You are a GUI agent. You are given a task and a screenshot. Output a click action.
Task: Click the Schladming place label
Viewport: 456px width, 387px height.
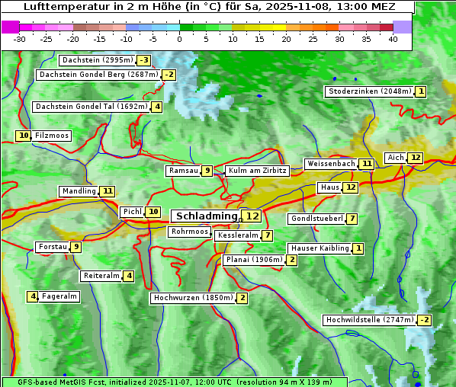207,216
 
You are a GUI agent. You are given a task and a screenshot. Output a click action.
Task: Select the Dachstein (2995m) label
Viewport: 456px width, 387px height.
97,60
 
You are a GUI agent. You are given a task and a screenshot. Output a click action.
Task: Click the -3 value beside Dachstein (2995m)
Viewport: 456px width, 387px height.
143,60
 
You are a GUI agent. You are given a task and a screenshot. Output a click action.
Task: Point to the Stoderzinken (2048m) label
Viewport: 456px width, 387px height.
369,91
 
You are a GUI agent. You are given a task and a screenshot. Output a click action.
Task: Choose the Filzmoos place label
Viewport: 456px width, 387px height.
51,136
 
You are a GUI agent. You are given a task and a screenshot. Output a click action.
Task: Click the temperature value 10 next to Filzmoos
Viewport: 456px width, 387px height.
24,136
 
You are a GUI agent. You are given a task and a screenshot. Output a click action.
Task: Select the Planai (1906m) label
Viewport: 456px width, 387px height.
254,260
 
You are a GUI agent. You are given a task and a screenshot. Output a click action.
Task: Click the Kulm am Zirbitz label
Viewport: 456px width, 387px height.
257,171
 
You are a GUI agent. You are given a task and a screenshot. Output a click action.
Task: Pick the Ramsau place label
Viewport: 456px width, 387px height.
183,171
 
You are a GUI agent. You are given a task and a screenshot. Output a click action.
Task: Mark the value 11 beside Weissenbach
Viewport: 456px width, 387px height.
367,164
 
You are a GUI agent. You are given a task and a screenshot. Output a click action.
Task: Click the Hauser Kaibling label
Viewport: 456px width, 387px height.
320,248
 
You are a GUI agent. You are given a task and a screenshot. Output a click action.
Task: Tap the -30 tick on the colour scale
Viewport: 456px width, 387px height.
20,39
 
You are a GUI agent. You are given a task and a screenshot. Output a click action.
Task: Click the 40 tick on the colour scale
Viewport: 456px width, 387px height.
393,39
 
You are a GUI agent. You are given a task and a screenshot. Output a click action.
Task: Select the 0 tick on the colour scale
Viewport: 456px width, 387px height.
180,39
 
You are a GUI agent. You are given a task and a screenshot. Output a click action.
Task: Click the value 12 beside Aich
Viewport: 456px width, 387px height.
415,158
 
